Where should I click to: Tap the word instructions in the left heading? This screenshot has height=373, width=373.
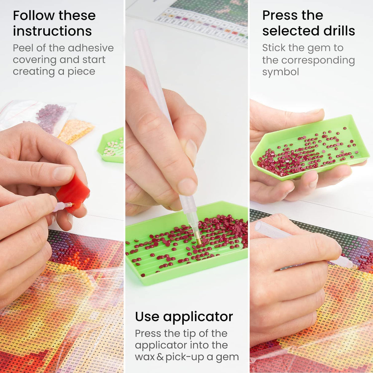[52, 31]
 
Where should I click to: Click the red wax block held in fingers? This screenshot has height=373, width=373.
[73, 194]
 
